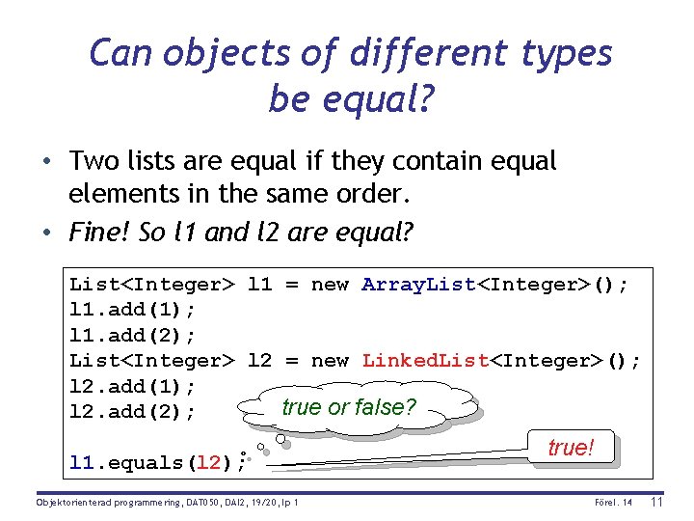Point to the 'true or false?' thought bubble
(x=348, y=407)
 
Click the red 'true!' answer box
(x=571, y=449)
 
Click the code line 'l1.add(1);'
(x=132, y=310)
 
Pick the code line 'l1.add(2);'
(x=132, y=335)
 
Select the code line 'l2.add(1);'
(x=132, y=386)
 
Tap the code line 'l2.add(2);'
(x=132, y=412)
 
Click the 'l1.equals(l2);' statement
(x=157, y=463)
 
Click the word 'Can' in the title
(x=122, y=52)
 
